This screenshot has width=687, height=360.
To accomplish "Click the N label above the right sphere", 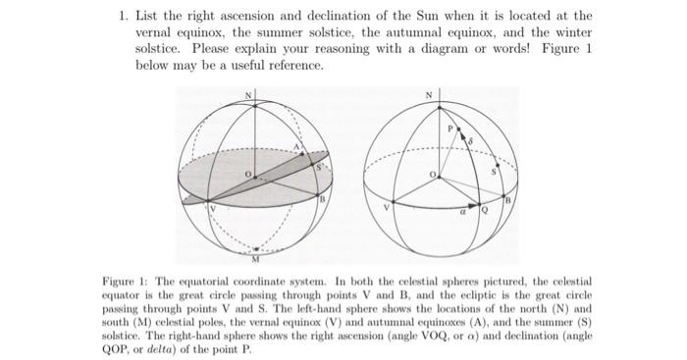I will coord(428,94).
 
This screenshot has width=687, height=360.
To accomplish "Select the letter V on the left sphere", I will coord(209,208).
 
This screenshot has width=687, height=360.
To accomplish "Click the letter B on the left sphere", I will coord(321,198).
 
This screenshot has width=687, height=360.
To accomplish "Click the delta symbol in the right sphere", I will coord(470,143).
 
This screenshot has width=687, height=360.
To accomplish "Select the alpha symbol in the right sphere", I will coord(464,207).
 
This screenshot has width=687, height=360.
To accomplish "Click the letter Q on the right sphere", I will coord(483,208).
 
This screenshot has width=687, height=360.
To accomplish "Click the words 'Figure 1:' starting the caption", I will coord(126,282).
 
